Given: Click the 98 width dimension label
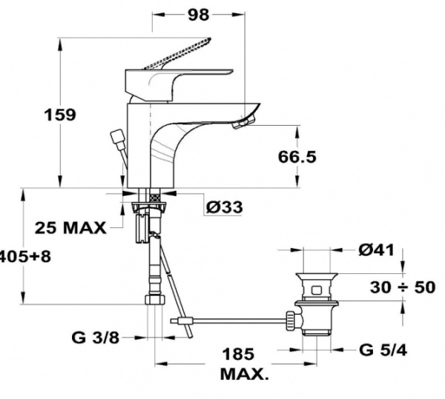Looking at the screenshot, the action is point(198,15).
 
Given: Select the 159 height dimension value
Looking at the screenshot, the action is point(61,115).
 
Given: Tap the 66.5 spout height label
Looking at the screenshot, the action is point(297,157).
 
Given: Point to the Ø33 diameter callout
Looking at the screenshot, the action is point(224,207).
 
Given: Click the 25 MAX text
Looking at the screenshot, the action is point(70,227).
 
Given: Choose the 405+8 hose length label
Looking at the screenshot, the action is point(25,257).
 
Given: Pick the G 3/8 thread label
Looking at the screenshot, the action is point(96,338).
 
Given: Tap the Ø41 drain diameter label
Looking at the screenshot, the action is point(376,250).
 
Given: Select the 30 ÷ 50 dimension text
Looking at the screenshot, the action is point(403,287).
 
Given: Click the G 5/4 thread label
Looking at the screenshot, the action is point(383,350).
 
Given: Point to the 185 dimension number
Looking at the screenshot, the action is point(238,354).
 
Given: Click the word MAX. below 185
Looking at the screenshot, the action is point(244,375).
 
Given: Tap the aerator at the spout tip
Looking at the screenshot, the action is point(241,124).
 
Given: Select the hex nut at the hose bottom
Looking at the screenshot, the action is point(155,300).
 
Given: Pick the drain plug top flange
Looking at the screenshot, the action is point(317,276).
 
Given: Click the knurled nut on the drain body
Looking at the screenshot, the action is point(291,320).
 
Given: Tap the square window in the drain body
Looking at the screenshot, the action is point(316,290).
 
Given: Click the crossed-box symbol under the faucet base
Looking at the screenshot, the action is point(155,198).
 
